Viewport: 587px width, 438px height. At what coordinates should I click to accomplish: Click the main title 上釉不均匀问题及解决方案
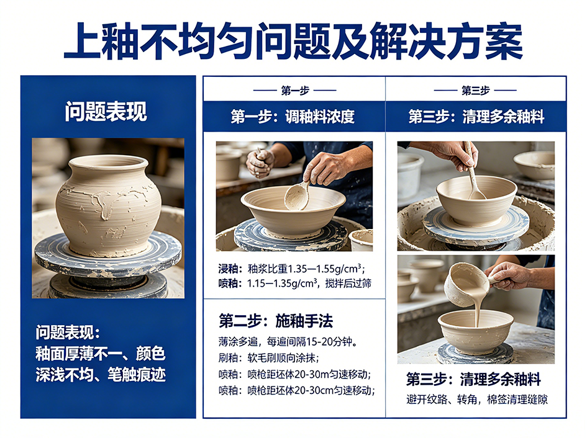293,41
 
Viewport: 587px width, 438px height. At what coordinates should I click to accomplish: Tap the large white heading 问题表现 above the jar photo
106,112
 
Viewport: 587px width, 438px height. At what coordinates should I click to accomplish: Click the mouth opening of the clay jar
109,163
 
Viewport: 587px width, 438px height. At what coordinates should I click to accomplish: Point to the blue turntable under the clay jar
108,255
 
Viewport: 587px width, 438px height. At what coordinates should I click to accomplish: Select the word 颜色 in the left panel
150,354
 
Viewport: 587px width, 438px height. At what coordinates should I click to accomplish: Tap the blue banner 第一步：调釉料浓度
293,117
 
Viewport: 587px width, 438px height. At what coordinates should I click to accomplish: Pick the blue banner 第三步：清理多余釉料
476,117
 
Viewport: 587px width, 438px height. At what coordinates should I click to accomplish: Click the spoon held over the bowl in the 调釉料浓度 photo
298,194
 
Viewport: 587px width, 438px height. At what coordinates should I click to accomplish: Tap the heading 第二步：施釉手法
276,321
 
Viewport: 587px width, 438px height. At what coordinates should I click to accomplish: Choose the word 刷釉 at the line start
229,358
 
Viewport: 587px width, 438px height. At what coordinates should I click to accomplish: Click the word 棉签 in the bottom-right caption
497,400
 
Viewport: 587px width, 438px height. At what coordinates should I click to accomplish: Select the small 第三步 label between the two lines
475,90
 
